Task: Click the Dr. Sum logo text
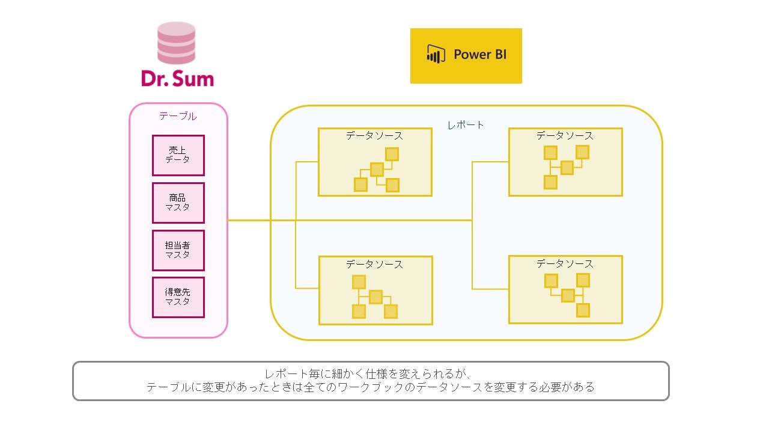[x=177, y=78]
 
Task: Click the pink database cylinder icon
[x=176, y=43]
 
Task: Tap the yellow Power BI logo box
[x=466, y=55]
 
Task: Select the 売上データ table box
[x=178, y=155]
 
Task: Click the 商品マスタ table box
[x=178, y=203]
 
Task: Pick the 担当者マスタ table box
[x=178, y=250]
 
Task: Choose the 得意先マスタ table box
[x=178, y=297]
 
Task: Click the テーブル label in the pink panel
[x=178, y=116]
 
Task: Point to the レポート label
[x=466, y=125]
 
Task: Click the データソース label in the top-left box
[x=374, y=136]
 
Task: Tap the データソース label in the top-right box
[x=565, y=136]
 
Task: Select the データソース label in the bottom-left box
[x=374, y=264]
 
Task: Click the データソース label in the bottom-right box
[x=565, y=263]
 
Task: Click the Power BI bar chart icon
[x=435, y=54]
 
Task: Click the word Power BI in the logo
[x=480, y=54]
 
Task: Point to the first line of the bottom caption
[x=371, y=373]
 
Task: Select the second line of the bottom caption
[x=371, y=387]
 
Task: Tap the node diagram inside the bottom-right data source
[x=567, y=295]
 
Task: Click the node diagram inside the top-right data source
[x=566, y=167]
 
